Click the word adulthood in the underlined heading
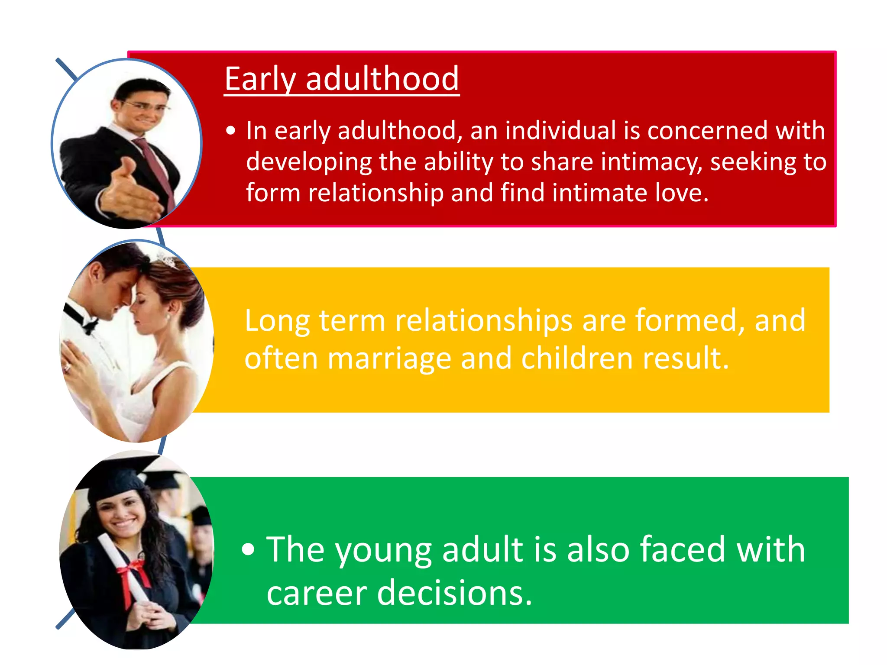click(x=382, y=79)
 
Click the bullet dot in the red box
click(x=231, y=131)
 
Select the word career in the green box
click(x=317, y=593)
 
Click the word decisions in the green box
click(x=455, y=593)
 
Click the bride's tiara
click(x=167, y=260)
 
